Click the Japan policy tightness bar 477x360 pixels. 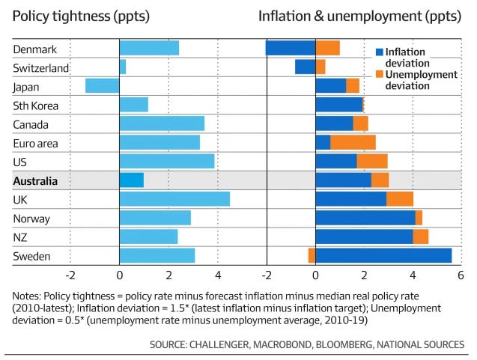click(103, 85)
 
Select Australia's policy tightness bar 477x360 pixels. click(131, 180)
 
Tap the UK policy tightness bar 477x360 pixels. click(174, 199)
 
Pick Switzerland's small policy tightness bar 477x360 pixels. click(123, 67)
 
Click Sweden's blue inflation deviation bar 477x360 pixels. click(383, 256)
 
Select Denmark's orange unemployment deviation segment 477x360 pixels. click(327, 48)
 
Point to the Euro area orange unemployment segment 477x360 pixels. click(353, 142)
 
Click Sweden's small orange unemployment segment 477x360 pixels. click(312, 256)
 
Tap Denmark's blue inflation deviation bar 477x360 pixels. click(291, 48)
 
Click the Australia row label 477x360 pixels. click(35, 180)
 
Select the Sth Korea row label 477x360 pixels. click(35, 106)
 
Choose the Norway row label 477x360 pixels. click(31, 219)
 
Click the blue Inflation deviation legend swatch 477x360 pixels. click(379, 52)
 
